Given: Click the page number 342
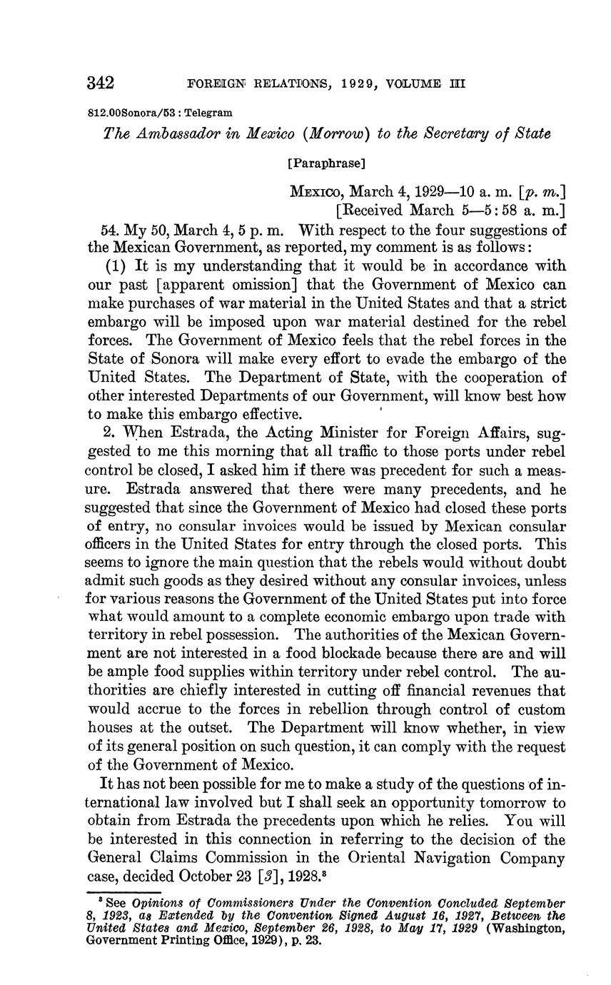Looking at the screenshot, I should (101, 84).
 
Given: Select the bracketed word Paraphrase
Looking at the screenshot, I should (326, 163).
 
